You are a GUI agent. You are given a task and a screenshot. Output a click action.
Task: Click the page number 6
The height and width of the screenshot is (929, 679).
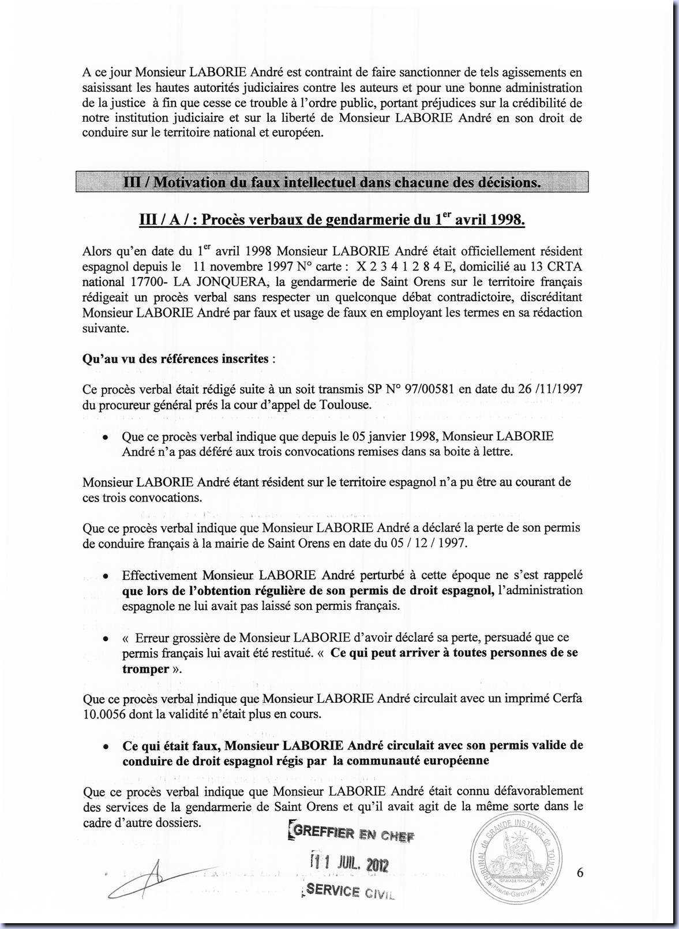580,873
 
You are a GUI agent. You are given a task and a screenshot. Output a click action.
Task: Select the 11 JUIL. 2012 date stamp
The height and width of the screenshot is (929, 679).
350,864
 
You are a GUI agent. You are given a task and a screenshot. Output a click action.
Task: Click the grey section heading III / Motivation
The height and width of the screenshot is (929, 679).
332,182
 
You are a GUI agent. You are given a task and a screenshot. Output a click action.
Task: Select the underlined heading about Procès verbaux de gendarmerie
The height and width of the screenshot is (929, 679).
332,220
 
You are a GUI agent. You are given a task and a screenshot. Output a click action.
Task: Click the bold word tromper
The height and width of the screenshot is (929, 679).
145,669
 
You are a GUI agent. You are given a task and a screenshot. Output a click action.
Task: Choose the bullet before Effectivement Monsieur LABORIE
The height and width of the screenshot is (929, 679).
106,576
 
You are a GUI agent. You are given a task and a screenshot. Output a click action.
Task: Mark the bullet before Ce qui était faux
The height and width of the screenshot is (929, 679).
106,746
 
